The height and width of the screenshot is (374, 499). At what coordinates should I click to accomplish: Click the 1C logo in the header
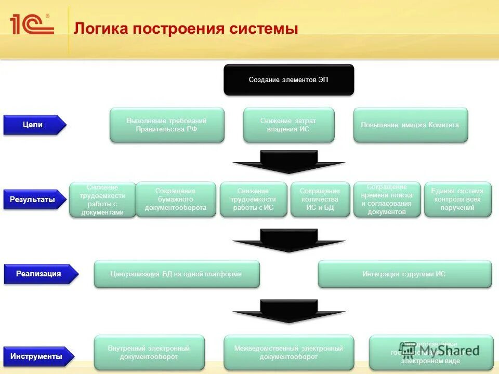pyautogui.click(x=32, y=24)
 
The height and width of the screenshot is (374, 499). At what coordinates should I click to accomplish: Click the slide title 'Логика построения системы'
pyautogui.click(x=186, y=28)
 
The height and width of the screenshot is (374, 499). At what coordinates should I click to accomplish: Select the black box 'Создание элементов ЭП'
pyautogui.click(x=288, y=80)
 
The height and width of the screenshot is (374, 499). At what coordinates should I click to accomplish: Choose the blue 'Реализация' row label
pyautogui.click(x=40, y=274)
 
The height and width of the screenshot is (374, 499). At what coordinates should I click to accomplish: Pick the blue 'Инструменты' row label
pyautogui.click(x=37, y=356)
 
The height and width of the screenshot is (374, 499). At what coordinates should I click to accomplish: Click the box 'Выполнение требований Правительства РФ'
pyautogui.click(x=167, y=125)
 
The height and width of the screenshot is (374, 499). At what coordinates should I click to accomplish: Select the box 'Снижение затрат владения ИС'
pyautogui.click(x=288, y=125)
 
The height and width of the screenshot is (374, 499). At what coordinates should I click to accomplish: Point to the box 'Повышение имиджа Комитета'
pyautogui.click(x=410, y=125)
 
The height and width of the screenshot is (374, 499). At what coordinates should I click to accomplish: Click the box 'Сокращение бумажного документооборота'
pyautogui.click(x=176, y=199)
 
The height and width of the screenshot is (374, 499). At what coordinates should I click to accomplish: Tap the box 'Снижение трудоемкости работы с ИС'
pyautogui.click(x=253, y=199)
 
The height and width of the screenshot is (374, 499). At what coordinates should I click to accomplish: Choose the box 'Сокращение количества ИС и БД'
pyautogui.click(x=320, y=199)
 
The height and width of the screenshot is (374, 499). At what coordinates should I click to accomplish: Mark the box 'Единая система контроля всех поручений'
pyautogui.click(x=457, y=199)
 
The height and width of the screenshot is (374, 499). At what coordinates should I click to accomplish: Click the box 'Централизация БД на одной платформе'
pyautogui.click(x=176, y=274)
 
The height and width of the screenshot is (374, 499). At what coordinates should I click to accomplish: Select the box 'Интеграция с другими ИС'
pyautogui.click(x=404, y=274)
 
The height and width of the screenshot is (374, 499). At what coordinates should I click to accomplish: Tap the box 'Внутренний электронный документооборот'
pyautogui.click(x=149, y=353)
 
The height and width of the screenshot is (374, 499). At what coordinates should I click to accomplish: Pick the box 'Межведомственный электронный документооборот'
pyautogui.click(x=288, y=353)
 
